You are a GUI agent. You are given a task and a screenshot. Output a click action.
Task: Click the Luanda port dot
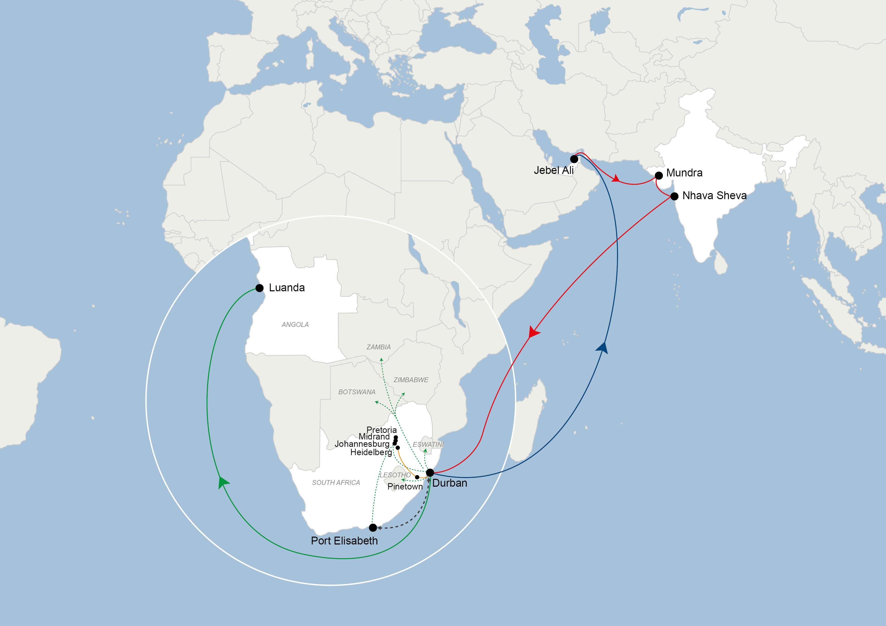(x=260, y=288)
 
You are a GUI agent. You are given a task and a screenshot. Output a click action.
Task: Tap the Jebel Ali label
(x=553, y=170)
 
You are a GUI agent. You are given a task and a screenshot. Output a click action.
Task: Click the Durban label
(x=450, y=483)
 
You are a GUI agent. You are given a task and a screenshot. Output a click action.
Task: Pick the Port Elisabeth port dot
(x=373, y=527)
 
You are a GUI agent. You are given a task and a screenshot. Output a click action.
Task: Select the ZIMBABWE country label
(x=411, y=380)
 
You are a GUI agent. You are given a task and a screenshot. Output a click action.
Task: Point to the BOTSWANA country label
(x=357, y=392)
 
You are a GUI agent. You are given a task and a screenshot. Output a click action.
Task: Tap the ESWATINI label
(x=428, y=444)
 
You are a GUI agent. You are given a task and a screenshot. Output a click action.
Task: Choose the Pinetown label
(x=405, y=486)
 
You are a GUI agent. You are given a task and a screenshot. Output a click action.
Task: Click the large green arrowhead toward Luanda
(x=223, y=482)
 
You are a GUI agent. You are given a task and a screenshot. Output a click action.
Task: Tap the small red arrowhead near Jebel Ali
(x=616, y=178)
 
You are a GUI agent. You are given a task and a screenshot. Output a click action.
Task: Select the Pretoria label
(x=381, y=430)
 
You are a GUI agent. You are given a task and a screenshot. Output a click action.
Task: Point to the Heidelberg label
(x=371, y=452)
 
